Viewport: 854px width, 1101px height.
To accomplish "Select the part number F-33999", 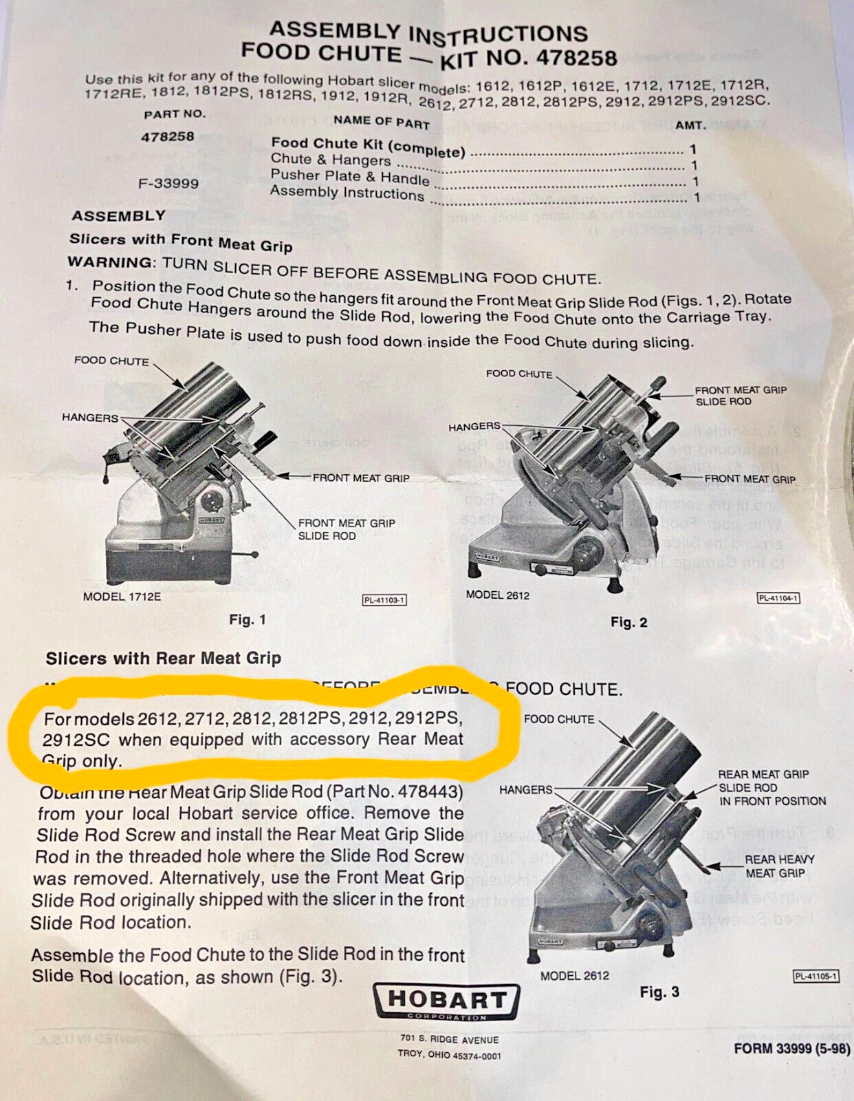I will pyautogui.click(x=168, y=184).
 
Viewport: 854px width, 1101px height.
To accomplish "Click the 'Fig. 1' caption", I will pyautogui.click(x=248, y=620).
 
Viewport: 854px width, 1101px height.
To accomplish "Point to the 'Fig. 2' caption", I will pyautogui.click(x=628, y=623).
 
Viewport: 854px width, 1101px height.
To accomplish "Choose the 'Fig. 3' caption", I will pyautogui.click(x=659, y=992).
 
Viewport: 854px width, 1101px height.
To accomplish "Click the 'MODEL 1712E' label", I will pyautogui.click(x=122, y=597).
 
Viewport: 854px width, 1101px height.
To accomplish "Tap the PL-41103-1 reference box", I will pyautogui.click(x=384, y=600).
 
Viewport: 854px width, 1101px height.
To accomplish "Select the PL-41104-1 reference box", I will pyautogui.click(x=778, y=598).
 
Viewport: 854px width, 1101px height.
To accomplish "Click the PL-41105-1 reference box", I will pyautogui.click(x=816, y=976).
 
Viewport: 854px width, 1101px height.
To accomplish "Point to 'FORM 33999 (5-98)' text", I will pyautogui.click(x=791, y=1049).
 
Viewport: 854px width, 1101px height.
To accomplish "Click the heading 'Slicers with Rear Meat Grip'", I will pyautogui.click(x=163, y=659).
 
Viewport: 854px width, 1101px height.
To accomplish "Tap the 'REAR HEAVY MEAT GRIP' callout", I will pyautogui.click(x=779, y=866).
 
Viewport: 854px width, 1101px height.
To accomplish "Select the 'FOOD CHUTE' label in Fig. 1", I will pyautogui.click(x=111, y=361).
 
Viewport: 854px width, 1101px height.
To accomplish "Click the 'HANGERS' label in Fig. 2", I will pyautogui.click(x=474, y=427).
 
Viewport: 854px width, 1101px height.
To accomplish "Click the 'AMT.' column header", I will pyautogui.click(x=690, y=126).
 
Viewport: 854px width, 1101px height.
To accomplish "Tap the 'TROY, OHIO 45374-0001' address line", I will pyautogui.click(x=449, y=1055).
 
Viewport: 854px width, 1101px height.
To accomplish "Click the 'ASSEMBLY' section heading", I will pyautogui.click(x=118, y=216).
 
